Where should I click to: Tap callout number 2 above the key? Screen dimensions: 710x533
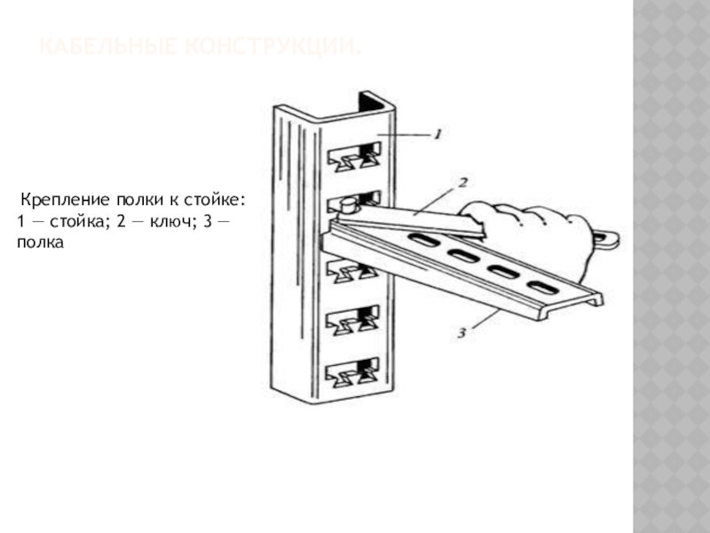(x=462, y=182)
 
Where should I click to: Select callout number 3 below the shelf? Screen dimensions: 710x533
(x=462, y=333)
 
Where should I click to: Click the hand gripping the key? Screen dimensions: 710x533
(x=541, y=233)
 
